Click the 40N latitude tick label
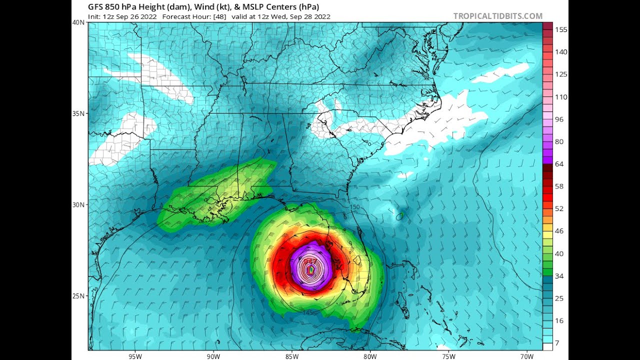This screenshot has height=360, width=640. pyautogui.click(x=78, y=22)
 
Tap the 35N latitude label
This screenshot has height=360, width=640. pyautogui.click(x=78, y=113)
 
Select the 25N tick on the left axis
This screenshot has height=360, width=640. pyautogui.click(x=78, y=296)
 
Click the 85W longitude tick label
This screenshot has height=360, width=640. pyautogui.click(x=292, y=356)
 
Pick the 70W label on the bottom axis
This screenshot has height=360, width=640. pyautogui.click(x=526, y=356)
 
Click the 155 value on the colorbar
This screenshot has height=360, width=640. pyautogui.click(x=561, y=29)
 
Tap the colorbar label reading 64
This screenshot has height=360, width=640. pyautogui.click(x=559, y=164)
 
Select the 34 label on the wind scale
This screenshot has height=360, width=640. pyautogui.click(x=559, y=276)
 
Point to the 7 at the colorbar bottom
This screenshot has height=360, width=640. pyautogui.click(x=557, y=343)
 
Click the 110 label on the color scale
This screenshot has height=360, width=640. pyautogui.click(x=561, y=97)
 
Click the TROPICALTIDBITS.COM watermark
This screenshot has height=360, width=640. pyautogui.click(x=497, y=16)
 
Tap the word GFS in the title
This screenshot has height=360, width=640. pyautogui.click(x=96, y=6)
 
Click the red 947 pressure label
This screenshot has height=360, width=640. pyautogui.click(x=310, y=261)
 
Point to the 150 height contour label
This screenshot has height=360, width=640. pyautogui.click(x=354, y=207)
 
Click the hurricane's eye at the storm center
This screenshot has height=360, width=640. pyautogui.click(x=311, y=270)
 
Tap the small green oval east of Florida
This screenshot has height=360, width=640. pyautogui.click(x=399, y=216)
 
